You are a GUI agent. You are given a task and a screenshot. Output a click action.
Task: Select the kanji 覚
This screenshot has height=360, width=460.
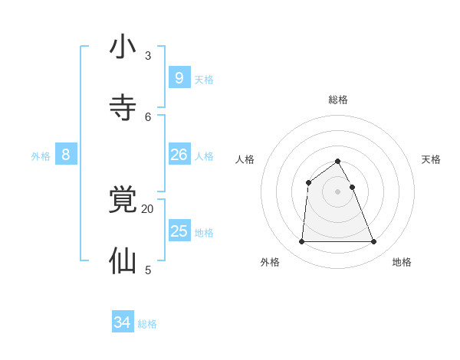(123, 200)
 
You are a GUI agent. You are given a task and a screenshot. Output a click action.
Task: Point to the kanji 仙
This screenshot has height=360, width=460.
(123, 261)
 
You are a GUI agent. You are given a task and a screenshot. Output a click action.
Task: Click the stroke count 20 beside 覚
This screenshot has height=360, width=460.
(147, 208)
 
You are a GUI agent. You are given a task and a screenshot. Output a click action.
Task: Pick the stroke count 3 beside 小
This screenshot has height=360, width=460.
(148, 55)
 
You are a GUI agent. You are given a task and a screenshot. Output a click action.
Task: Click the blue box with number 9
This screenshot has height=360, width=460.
(179, 77)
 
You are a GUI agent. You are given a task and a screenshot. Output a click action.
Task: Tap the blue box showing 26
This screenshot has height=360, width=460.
(179, 154)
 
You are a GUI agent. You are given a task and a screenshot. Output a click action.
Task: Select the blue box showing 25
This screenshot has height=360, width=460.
(179, 231)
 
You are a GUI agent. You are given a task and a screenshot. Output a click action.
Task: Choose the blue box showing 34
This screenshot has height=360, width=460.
(123, 322)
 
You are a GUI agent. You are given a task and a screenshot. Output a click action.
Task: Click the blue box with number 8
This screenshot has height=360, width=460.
(66, 154)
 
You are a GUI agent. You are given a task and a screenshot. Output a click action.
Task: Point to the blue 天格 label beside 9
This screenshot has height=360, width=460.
(204, 79)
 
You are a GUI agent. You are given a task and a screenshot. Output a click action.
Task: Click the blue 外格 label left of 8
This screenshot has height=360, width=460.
(41, 156)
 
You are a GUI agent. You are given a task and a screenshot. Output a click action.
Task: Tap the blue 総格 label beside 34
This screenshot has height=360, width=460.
(147, 324)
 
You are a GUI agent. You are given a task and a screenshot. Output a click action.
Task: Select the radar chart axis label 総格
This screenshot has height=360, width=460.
(338, 100)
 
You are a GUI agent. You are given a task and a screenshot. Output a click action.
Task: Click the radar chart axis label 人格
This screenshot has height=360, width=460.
(245, 159)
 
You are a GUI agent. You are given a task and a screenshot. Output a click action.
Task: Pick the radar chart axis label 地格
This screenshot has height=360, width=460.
(402, 262)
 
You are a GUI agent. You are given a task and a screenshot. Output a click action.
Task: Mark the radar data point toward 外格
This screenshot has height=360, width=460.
(301, 242)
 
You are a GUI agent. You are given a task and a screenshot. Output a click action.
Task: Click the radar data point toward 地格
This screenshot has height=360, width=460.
(374, 242)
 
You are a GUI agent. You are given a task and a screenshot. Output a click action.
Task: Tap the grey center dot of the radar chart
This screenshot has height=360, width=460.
(337, 191)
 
